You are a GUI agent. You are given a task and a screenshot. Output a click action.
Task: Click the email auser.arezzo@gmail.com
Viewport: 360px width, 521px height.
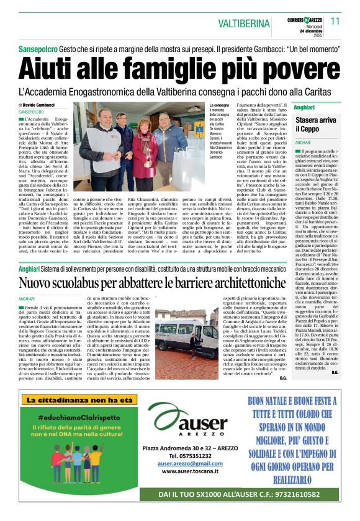[x=190, y=463]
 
